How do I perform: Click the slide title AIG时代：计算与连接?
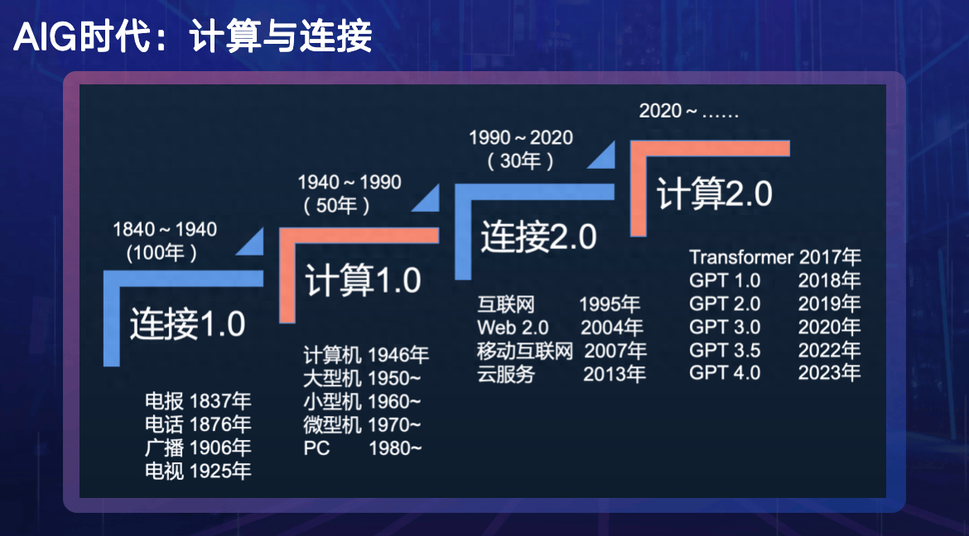[192, 37]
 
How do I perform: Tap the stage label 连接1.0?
[187, 324]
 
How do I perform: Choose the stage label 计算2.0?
[715, 194]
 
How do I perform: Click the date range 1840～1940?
[165, 229]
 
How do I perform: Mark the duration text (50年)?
[336, 205]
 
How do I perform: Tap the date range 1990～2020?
[521, 137]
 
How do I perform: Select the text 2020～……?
[688, 111]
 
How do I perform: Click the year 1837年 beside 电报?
[219, 401]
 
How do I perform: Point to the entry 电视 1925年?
[197, 471]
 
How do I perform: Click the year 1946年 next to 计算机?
[398, 356]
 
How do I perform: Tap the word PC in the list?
[316, 448]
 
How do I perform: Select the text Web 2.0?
[513, 328]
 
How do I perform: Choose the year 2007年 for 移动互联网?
[615, 351]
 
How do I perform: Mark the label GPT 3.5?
[725, 349]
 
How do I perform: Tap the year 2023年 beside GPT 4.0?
[829, 372]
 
